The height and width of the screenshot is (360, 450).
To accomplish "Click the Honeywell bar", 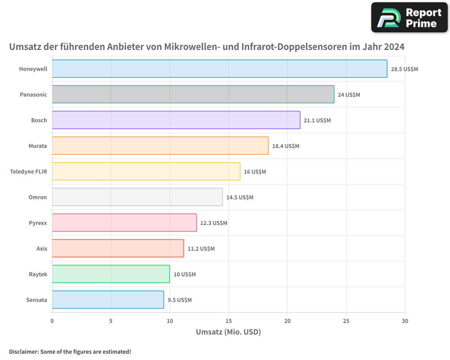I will [x=220, y=69].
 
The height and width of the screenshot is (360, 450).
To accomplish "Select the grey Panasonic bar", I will [x=193, y=94].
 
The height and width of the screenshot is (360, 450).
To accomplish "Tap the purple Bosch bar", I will [x=176, y=120].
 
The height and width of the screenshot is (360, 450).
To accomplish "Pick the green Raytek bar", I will [x=111, y=274].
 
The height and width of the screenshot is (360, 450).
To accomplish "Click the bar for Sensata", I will [x=108, y=300].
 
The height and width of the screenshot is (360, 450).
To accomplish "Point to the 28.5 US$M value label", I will [x=405, y=69].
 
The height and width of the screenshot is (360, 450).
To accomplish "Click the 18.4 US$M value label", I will [x=286, y=146].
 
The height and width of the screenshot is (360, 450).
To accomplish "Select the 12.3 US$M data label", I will [x=214, y=223].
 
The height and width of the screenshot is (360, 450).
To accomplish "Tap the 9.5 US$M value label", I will [x=180, y=300].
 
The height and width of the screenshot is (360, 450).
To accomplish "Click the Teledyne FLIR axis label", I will [x=28, y=171].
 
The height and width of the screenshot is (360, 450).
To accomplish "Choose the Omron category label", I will [x=38, y=197].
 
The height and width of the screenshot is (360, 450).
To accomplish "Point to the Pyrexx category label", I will [x=38, y=223].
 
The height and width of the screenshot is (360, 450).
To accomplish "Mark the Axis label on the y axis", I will [x=42, y=248].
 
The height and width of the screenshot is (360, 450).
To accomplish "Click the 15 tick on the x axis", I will [x=229, y=321].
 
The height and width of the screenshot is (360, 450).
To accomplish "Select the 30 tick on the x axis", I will [x=405, y=321].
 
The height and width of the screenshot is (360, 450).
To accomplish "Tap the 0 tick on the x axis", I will [x=52, y=321].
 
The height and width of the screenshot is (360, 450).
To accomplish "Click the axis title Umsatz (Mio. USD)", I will [x=229, y=332].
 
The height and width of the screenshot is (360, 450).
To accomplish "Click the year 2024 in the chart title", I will [x=393, y=47].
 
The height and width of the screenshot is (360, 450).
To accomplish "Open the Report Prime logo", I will [x=409, y=18].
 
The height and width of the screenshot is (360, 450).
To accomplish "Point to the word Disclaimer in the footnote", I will [x=23, y=352].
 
